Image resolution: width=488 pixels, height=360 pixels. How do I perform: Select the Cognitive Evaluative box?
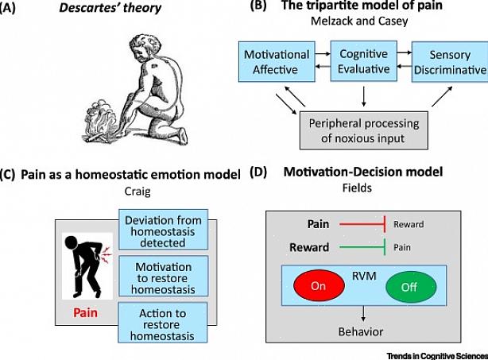(x=364, y=60)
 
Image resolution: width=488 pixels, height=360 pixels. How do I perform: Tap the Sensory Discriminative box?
(x=449, y=63)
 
